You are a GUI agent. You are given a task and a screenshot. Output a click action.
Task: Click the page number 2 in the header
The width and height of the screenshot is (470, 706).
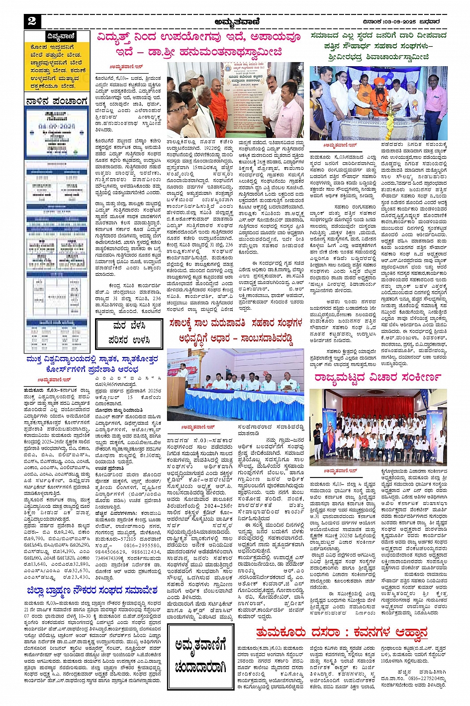[32, 21]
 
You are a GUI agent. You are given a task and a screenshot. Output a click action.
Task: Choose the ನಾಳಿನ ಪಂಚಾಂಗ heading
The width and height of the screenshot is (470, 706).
[57, 101]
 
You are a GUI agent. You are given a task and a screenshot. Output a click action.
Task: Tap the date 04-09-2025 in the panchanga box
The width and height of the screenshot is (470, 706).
[56, 127]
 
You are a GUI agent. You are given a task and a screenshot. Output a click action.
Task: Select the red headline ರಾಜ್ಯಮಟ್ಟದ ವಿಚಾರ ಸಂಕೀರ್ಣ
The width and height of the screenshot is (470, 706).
[377, 377]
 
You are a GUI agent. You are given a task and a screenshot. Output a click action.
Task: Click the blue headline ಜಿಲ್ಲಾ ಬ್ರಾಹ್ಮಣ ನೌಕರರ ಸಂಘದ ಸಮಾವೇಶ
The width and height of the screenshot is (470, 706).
[93, 591]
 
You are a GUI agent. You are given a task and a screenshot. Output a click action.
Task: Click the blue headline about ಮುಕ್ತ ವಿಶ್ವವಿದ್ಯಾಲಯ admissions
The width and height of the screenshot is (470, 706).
[93, 364]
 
